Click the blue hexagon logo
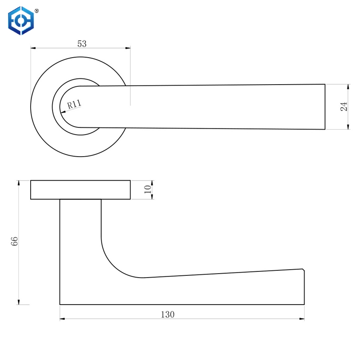pyautogui.click(x=21, y=21)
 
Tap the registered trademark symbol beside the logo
pyautogui.click(x=36, y=11)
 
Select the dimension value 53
pyautogui.click(x=82, y=44)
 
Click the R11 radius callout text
pyautogui.click(x=74, y=104)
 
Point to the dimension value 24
pyautogui.click(x=344, y=107)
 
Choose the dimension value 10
pyautogui.click(x=148, y=189)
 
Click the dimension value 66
pyautogui.click(x=14, y=241)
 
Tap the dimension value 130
pyautogui.click(x=167, y=314)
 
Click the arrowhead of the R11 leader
pyautogui.click(x=63, y=112)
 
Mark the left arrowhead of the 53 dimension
pyautogui.click(x=33, y=48)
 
